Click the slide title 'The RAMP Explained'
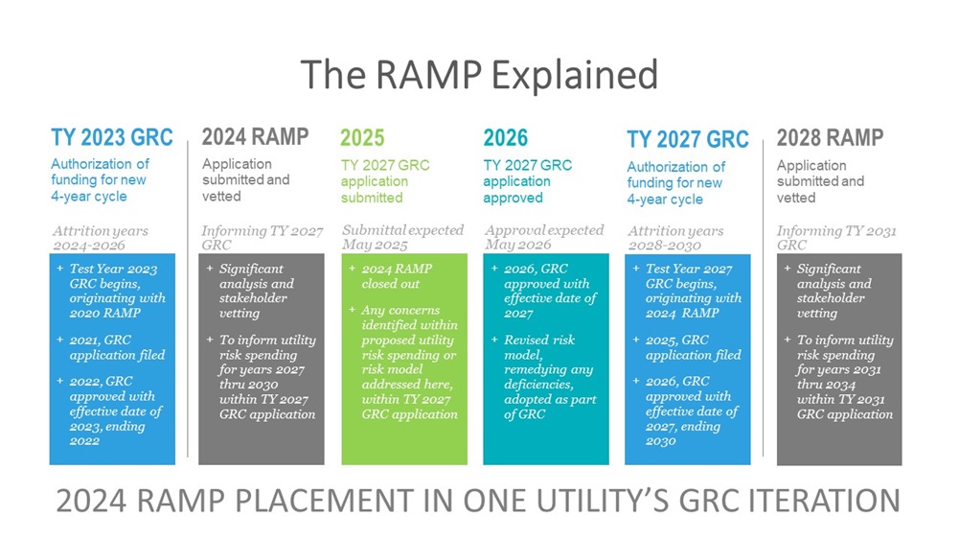click(x=479, y=75)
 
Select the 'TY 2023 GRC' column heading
click(x=112, y=138)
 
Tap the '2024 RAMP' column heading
click(x=255, y=137)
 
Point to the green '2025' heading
click(x=362, y=138)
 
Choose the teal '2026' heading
click(x=505, y=138)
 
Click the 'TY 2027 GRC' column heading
click(x=688, y=140)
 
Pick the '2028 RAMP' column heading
click(x=830, y=138)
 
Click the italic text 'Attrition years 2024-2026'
click(x=101, y=238)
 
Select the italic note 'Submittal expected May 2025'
click(x=402, y=238)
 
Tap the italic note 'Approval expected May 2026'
click(x=544, y=238)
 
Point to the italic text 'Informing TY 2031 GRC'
click(x=836, y=238)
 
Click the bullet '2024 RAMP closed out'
click(x=397, y=276)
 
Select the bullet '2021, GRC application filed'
click(x=111, y=347)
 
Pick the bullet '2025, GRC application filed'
click(x=688, y=347)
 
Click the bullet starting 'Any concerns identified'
click(x=403, y=362)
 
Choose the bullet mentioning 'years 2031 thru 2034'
click(x=839, y=377)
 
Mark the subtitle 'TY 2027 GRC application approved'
click(x=528, y=181)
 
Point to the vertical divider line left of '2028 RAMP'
click(x=764, y=298)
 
